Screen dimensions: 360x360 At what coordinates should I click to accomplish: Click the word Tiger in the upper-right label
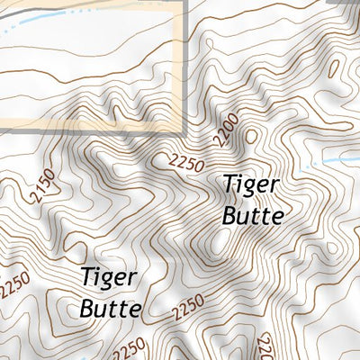point(252,185)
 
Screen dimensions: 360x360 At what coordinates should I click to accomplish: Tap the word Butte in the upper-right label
point(254,216)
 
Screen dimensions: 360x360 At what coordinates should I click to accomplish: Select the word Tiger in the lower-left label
point(109,278)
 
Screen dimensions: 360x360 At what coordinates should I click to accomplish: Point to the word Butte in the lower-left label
point(111,309)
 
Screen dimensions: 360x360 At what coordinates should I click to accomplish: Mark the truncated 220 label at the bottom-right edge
point(265,346)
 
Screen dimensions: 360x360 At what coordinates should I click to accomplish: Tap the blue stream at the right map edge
point(337,158)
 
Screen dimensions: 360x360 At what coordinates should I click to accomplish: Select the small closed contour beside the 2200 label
point(251,135)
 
